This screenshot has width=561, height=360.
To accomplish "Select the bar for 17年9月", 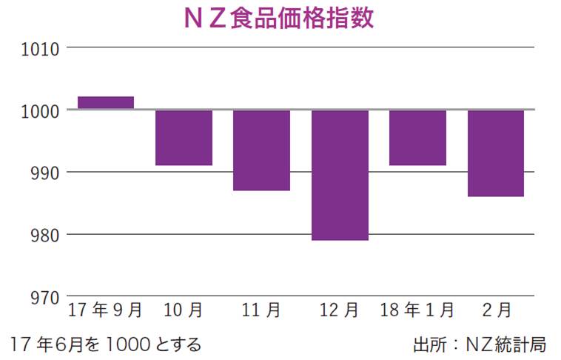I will tap(106, 103).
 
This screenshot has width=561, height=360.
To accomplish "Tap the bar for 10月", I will tap(184, 138).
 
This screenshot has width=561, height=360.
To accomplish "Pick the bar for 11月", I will tap(261, 150).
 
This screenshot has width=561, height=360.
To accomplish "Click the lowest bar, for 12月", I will tap(340, 176).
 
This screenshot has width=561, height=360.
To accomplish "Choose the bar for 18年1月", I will tap(417, 138).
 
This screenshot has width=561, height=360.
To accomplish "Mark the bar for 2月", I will tap(496, 153).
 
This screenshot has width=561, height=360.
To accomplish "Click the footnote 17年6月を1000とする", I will tap(106, 344).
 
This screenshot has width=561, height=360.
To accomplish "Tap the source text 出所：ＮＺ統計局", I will tap(480, 344).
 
